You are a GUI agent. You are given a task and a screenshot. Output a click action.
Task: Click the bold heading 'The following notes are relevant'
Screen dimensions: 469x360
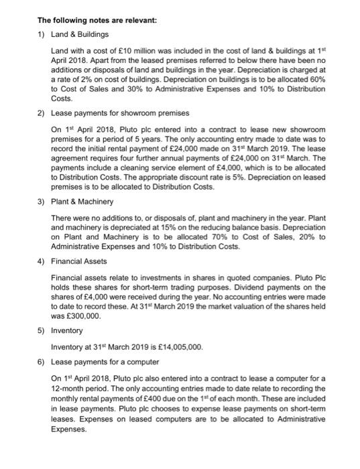[97, 20]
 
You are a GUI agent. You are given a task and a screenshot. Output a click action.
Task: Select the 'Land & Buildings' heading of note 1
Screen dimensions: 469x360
[80, 33]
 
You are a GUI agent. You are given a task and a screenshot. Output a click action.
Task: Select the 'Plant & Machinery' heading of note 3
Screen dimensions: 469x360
[82, 201]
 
